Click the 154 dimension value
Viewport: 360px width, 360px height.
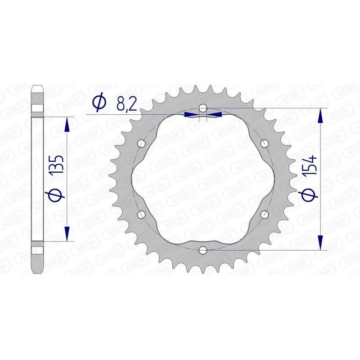tap(312, 167)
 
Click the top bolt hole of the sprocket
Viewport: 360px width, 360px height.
tap(203, 108)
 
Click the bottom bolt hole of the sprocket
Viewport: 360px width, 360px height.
tap(203, 249)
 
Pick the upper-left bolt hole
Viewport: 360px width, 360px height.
tap(143, 144)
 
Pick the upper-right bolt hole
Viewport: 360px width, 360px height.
tap(264, 144)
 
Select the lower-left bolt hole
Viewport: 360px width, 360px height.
tap(142, 214)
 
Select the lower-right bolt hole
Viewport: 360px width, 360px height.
tap(264, 214)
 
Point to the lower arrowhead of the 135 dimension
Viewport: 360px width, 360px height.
tap(67, 234)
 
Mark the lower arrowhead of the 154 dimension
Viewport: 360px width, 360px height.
tap(320, 242)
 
